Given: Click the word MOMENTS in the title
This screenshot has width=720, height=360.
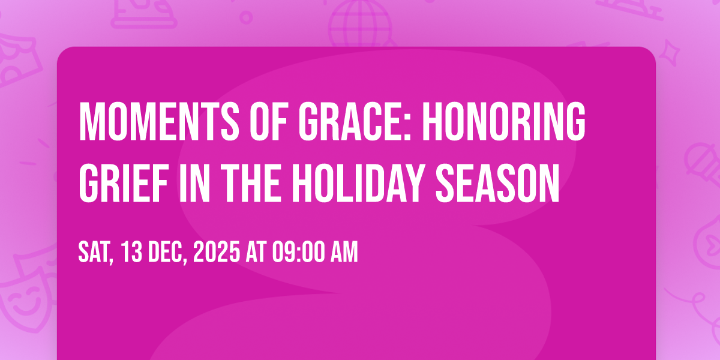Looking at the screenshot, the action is point(159,121).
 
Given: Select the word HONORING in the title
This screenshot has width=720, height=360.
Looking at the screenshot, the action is point(503,121).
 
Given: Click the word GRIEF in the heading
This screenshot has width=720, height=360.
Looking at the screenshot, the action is point(124,184).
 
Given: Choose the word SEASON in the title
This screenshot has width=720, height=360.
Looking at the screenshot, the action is point(497,184).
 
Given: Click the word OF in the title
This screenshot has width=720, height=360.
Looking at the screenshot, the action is point(269,121).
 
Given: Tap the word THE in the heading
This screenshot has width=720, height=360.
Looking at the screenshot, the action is point(250,184).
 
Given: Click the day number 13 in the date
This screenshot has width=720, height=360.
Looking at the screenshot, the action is point(132,253).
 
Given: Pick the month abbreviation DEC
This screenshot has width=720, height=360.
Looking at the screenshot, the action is point(167,253).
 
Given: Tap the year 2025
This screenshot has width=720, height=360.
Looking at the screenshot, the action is point(217,253).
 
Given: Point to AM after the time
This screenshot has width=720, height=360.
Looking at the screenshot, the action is point(344,253).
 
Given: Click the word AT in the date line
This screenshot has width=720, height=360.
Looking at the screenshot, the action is point(256,253).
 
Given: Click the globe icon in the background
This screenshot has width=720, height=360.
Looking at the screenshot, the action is point(360,23).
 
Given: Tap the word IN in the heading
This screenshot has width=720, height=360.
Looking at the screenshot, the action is point(194,184).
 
